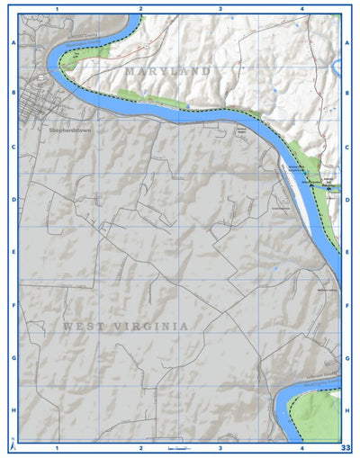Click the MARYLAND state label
coord(168,70)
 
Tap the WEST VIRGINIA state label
coord(126,326)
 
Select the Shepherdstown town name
coord(69,130)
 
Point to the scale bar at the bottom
coord(178,447)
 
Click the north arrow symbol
coord(13,445)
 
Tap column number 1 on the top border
coord(57,8)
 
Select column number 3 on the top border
coord(220,8)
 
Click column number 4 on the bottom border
coord(302,447)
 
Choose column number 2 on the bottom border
coord(140,447)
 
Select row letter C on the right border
coord(347,147)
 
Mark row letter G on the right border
coord(347,357)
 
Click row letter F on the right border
coord(347,306)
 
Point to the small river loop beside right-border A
coord(337,67)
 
